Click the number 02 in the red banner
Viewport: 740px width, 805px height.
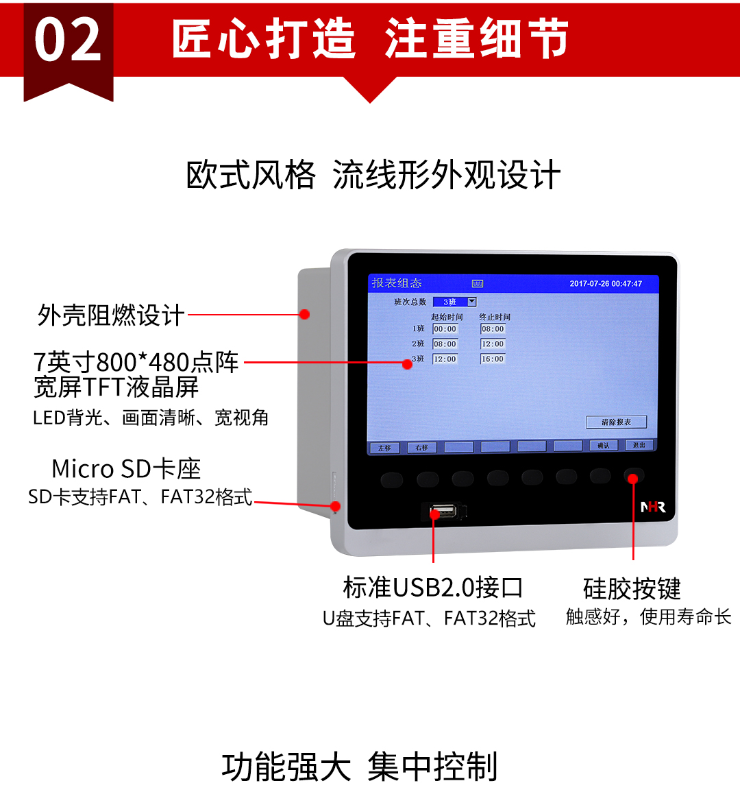pyautogui.click(x=68, y=40)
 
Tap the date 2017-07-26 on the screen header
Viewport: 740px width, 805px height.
pyautogui.click(x=589, y=284)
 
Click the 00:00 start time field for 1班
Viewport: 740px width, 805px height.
pyautogui.click(x=445, y=329)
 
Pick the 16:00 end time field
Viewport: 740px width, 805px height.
pyautogui.click(x=493, y=359)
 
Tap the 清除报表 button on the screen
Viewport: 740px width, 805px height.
pyautogui.click(x=616, y=422)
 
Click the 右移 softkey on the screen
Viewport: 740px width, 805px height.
pyautogui.click(x=421, y=448)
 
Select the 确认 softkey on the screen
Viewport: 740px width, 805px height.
pyautogui.click(x=603, y=446)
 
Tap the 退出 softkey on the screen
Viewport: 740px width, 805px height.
pyautogui.click(x=639, y=445)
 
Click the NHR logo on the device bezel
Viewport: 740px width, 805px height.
pyautogui.click(x=652, y=507)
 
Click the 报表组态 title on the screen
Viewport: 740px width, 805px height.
pyautogui.click(x=397, y=283)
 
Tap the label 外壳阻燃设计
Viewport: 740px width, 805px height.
pyautogui.click(x=111, y=315)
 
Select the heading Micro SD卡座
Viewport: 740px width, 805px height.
pyautogui.click(x=127, y=469)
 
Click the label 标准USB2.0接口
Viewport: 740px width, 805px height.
pyautogui.click(x=433, y=588)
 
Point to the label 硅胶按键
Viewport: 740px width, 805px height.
pyautogui.click(x=632, y=588)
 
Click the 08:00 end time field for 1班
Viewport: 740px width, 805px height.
pyautogui.click(x=493, y=329)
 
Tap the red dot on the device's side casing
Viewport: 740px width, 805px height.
pyautogui.click(x=305, y=314)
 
